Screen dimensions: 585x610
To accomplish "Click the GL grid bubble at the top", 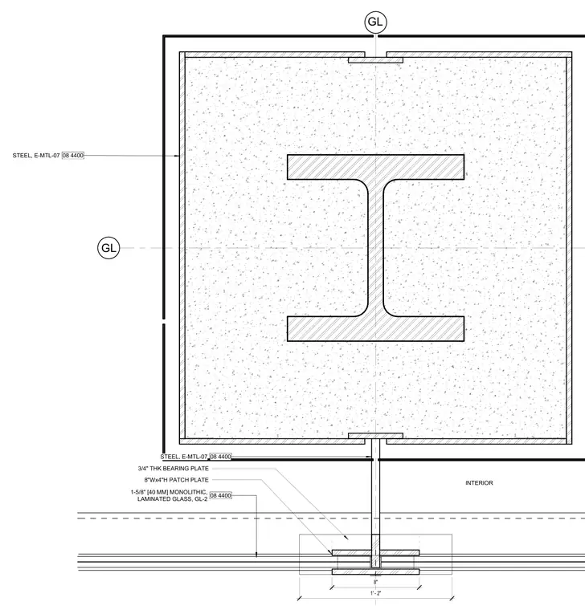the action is (x=375, y=22).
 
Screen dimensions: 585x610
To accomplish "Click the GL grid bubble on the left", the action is (x=108, y=248).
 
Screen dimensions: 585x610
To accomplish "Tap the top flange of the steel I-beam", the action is (x=375, y=167).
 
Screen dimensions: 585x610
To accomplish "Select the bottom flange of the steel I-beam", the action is (x=375, y=329).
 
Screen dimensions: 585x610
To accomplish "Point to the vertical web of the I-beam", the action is (x=375, y=248).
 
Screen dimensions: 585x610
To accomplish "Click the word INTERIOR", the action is (x=479, y=483).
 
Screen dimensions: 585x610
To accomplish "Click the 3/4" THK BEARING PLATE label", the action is (x=174, y=469).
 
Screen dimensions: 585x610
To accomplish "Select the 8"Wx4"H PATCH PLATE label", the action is (x=177, y=480).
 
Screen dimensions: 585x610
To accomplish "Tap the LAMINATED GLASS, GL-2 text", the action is (x=172, y=498).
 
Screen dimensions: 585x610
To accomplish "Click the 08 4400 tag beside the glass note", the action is (x=220, y=495).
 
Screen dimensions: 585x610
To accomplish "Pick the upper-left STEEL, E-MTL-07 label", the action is (x=36, y=155).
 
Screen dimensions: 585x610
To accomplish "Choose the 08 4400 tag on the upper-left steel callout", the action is (x=73, y=155).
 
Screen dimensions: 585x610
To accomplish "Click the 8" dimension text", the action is (x=375, y=582).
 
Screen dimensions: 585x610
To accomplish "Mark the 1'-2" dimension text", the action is (x=375, y=593).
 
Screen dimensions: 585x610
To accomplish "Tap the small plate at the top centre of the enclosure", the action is (x=375, y=60).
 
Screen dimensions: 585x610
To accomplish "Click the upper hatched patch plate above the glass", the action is (x=375, y=552).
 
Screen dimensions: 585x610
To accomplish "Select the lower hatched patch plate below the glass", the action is (x=375, y=571).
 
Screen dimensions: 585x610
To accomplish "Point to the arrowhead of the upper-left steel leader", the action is (x=178, y=156).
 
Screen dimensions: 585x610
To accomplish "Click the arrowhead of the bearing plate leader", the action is (x=346, y=538).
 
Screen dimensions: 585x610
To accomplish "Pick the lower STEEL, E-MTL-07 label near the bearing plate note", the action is (x=184, y=457).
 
